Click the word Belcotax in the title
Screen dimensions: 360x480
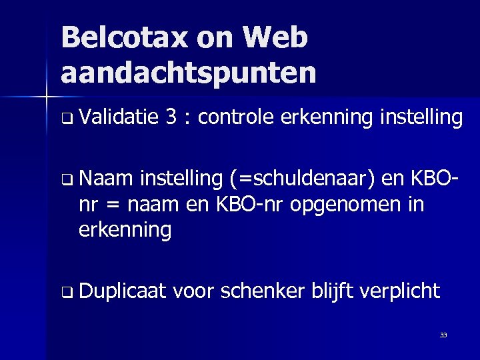125,38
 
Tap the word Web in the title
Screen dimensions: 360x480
275,38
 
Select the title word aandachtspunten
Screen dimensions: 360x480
188,72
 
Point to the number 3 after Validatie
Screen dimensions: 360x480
171,118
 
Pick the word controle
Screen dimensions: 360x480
236,118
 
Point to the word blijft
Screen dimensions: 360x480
333,291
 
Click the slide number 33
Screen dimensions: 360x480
443,335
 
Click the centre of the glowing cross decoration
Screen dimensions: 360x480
47,97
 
